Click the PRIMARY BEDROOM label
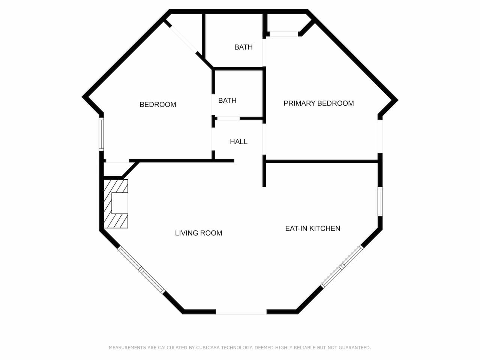click(x=319, y=103)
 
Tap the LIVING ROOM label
click(x=198, y=233)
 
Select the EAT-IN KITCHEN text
click(x=313, y=228)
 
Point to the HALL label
click(x=238, y=142)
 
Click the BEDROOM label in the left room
click(x=158, y=105)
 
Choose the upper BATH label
click(x=243, y=47)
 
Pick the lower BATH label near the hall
click(x=227, y=100)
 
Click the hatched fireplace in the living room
click(x=115, y=204)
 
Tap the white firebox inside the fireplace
click(x=120, y=203)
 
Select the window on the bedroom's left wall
click(x=101, y=134)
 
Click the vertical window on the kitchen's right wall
click(x=380, y=201)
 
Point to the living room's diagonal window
click(x=141, y=270)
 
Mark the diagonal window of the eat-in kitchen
click(x=342, y=266)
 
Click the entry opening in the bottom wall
click(x=241, y=312)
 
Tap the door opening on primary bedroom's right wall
click(x=380, y=136)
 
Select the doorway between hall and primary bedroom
click(x=264, y=139)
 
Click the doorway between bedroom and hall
click(x=213, y=139)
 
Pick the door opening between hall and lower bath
click(x=228, y=118)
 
